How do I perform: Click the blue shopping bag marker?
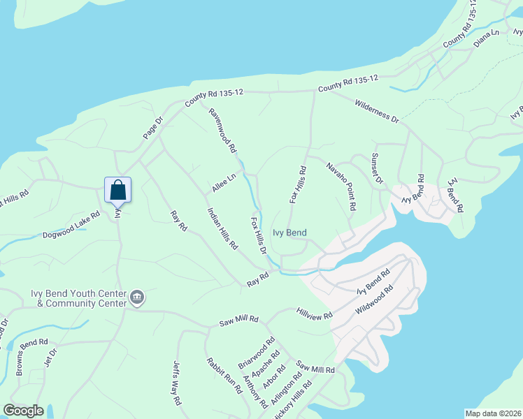coord(117,189)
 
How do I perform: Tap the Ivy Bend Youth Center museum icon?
coord(137,299)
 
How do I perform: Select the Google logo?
coord(23,411)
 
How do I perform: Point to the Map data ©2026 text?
coord(493,413)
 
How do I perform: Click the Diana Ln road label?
coord(487,37)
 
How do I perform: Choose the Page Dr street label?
coord(152,127)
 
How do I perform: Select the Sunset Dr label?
coord(378,168)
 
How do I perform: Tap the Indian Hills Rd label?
coord(222,228)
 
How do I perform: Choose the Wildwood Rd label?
coord(375,298)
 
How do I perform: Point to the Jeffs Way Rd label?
coord(177,383)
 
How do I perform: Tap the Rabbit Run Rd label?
coord(224,377)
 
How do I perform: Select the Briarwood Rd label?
coord(256,353)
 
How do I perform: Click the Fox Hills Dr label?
coord(259,235)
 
